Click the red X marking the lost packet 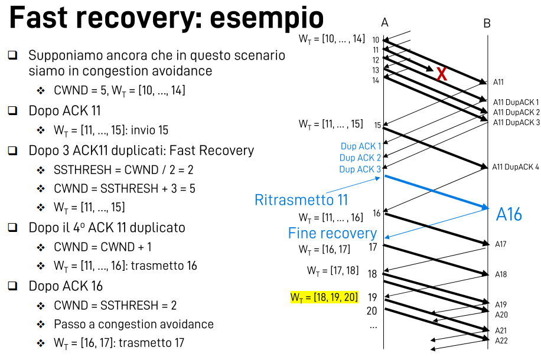point(441,74)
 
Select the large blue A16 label point(509,214)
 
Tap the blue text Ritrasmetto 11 point(301,200)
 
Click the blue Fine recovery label point(332,233)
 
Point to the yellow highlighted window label point(324,297)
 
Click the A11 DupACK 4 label point(516,167)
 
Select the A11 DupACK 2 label point(516,112)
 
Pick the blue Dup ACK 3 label point(360,169)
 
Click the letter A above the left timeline point(384,23)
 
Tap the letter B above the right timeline point(487,24)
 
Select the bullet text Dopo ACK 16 point(66,286)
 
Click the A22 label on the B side point(501,341)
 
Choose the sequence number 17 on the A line point(373,247)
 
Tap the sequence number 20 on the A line point(371,311)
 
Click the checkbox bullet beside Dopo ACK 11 point(12,110)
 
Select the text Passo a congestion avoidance point(133,324)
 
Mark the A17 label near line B point(500,244)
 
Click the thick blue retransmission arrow point(437,191)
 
